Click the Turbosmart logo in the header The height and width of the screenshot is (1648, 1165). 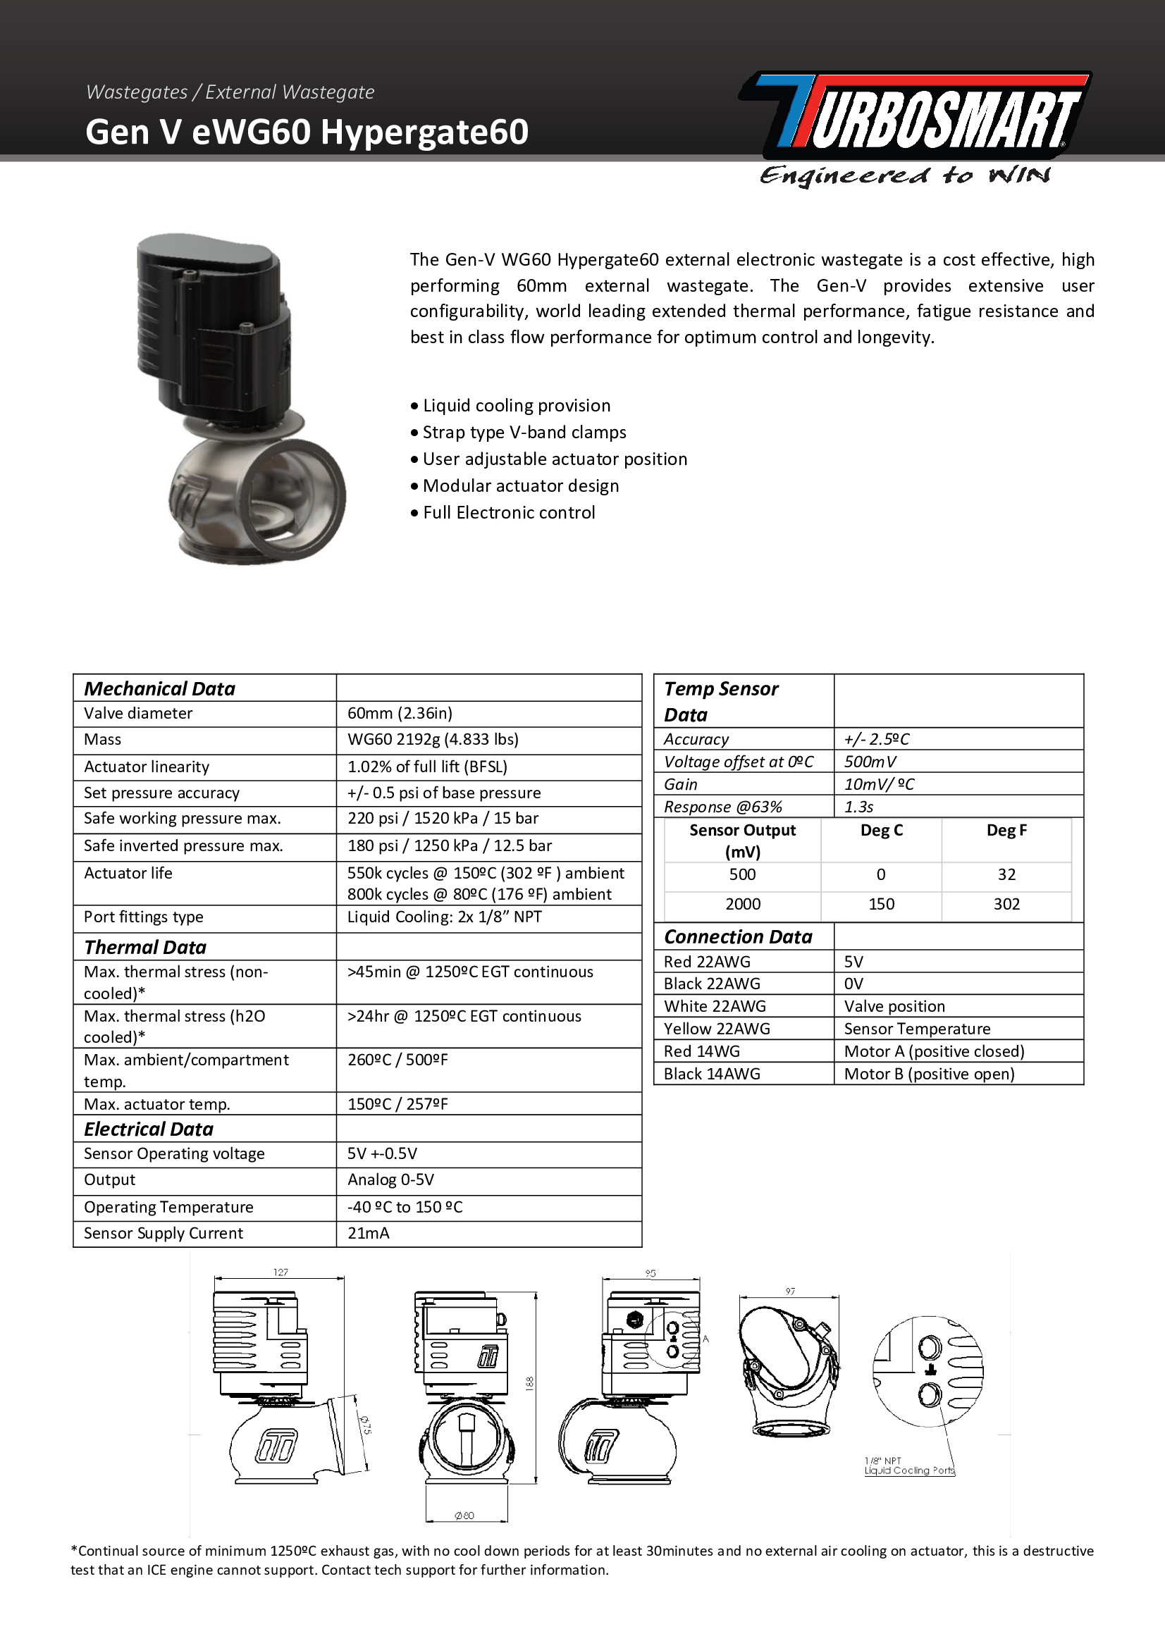(x=916, y=115)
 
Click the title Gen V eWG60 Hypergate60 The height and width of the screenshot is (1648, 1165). (x=307, y=132)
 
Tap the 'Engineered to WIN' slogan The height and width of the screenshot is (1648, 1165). (x=904, y=176)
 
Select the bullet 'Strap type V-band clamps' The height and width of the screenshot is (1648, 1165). (x=524, y=432)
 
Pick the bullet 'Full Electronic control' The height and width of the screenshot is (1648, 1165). (x=509, y=512)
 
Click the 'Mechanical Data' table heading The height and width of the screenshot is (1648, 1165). (x=159, y=688)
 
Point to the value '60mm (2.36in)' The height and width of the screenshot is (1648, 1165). (x=400, y=714)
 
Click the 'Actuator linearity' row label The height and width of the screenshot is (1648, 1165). (x=147, y=767)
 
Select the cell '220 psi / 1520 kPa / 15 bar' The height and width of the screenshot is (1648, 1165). (x=443, y=818)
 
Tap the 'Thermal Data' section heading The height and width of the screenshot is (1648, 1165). (x=145, y=947)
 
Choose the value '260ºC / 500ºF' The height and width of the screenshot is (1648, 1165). (x=397, y=1060)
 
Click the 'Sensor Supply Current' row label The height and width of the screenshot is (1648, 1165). (x=164, y=1233)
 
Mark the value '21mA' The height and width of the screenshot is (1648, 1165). (x=368, y=1233)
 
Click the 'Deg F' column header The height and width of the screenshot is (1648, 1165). (x=1006, y=831)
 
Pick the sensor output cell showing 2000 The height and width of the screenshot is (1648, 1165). (x=742, y=904)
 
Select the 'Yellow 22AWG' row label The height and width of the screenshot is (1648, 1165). (x=716, y=1029)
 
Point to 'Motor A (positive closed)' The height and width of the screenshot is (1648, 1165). (x=934, y=1051)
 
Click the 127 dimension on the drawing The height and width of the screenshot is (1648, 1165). (x=281, y=1272)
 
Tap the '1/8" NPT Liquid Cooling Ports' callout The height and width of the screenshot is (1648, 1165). (x=909, y=1466)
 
